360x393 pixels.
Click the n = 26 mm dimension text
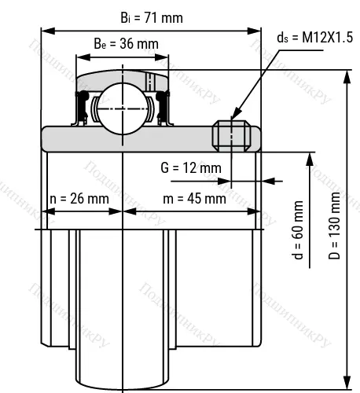pyautogui.click(x=79, y=198)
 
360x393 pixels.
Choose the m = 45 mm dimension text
pyautogui.click(x=193, y=198)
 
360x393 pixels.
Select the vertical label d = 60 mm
pyautogui.click(x=297, y=230)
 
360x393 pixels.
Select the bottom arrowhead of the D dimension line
pyautogui.click(x=347, y=383)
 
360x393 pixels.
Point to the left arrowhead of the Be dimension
pyautogui.click(x=79, y=57)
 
